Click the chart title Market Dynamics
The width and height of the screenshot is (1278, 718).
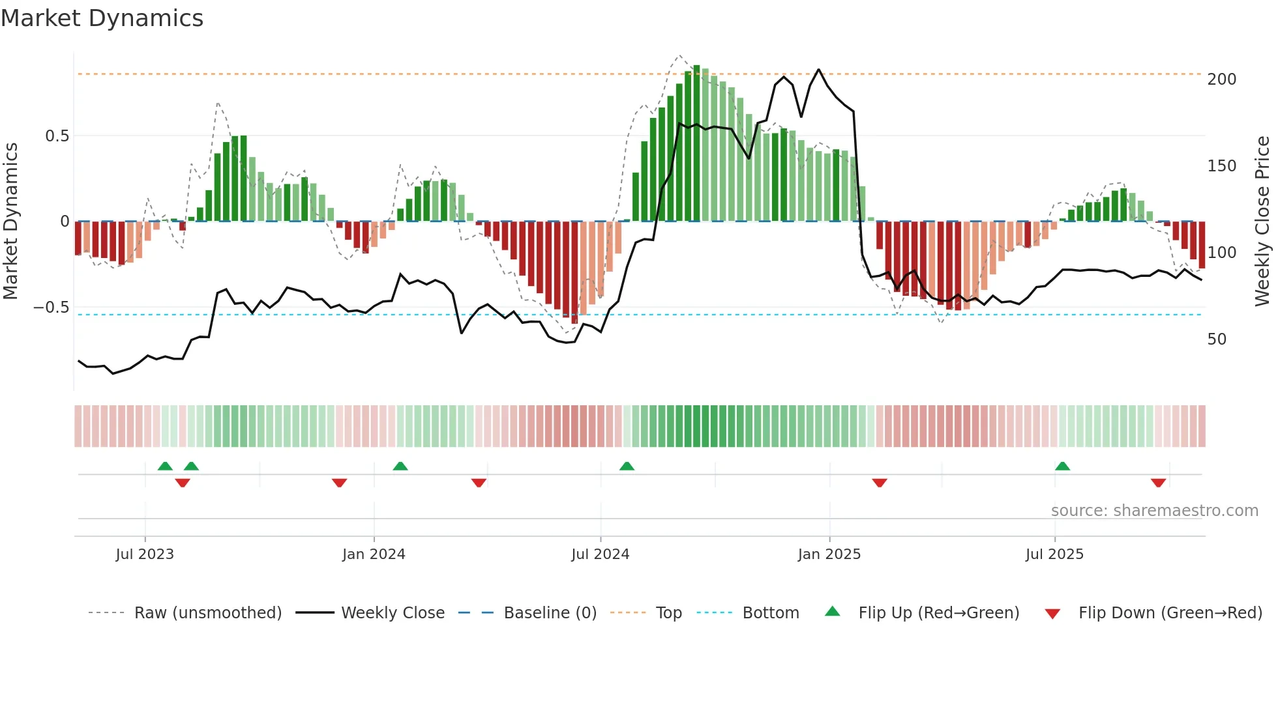(102, 18)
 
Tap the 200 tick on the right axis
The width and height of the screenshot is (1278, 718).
(1221, 79)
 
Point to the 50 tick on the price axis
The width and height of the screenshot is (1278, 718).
(1217, 339)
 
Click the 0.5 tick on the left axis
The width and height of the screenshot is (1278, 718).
(57, 136)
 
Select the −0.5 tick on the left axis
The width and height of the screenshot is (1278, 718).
(52, 308)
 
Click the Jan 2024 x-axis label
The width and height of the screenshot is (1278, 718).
(374, 554)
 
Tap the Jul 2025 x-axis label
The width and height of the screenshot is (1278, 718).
(1054, 554)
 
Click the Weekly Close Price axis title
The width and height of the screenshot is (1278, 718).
(1262, 221)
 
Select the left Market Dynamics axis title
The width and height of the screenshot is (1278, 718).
(10, 221)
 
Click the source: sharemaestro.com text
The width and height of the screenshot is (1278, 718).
(1154, 511)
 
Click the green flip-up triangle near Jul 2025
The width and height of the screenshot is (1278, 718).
(1062, 467)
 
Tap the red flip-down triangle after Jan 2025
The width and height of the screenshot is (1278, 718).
(880, 483)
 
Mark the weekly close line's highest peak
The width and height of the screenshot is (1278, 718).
(818, 70)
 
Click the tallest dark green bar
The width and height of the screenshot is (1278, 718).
(697, 143)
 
